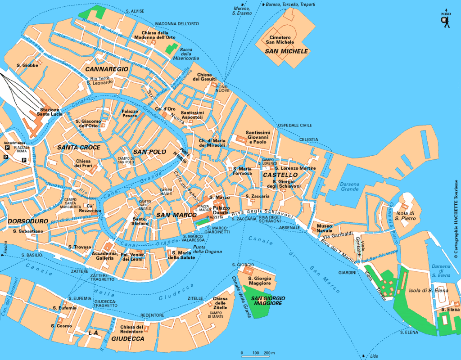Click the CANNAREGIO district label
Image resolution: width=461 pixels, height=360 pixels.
(x=107, y=69)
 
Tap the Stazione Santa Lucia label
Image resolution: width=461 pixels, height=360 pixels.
(x=50, y=112)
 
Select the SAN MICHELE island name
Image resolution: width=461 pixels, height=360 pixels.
(x=286, y=51)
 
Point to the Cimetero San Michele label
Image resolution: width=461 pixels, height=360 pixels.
(x=282, y=40)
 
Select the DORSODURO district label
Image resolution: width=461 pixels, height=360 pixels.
(x=27, y=221)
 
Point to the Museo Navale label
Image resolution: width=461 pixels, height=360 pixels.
(x=325, y=228)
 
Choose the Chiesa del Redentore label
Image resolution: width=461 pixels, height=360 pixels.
(x=131, y=329)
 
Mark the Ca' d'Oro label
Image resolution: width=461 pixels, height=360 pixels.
(x=165, y=109)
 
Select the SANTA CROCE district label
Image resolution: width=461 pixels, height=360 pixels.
(x=79, y=148)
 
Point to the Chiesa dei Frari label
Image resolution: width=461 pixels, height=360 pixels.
(x=83, y=163)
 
